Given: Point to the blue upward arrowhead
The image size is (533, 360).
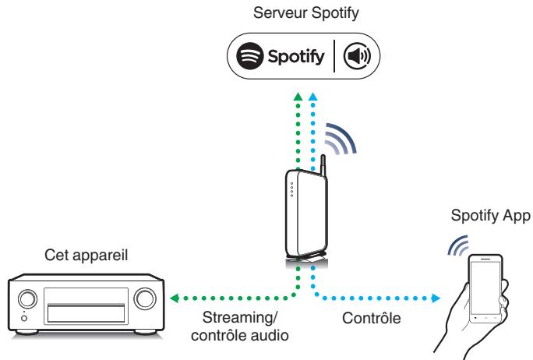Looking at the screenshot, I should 314,95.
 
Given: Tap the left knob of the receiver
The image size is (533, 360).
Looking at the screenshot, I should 26,298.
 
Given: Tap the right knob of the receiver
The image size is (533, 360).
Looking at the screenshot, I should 144,298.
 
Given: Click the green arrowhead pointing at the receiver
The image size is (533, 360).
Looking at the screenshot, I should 175,297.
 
